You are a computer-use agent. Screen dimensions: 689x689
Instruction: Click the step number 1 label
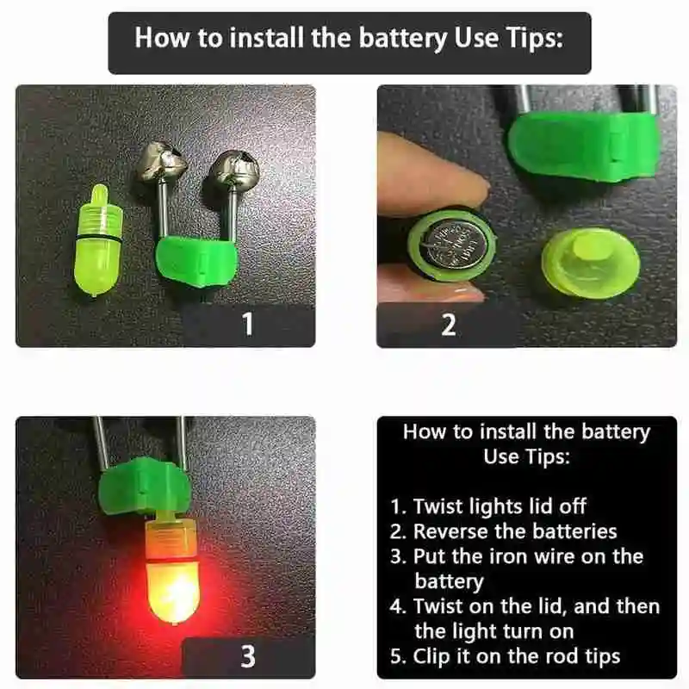(248, 324)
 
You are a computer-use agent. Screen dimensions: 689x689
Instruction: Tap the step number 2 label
(449, 326)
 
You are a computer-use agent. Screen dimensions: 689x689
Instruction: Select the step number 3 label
(248, 657)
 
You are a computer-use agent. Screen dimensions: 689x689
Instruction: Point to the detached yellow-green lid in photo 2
(590, 263)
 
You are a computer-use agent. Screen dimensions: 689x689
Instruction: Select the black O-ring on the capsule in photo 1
(97, 239)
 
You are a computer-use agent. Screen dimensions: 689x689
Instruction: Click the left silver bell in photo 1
(161, 164)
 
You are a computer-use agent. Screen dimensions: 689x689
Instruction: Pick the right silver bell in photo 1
(233, 169)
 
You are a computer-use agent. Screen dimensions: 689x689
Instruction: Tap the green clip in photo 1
(197, 261)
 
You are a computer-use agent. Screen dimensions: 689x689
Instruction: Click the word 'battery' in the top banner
(402, 39)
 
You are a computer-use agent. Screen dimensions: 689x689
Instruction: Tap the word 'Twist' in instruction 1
(438, 506)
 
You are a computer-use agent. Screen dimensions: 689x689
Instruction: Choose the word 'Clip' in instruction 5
(431, 656)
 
